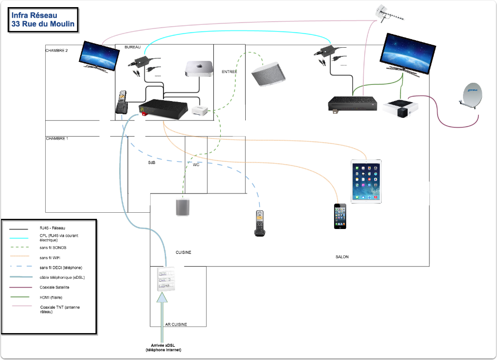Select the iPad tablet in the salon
coord(366,181)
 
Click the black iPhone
coord(341,216)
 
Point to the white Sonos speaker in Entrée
coord(269,74)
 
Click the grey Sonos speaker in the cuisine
coord(183,208)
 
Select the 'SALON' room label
coord(342,257)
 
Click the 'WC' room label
coord(196,165)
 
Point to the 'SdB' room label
coord(152,162)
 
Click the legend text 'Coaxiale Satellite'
coord(55,287)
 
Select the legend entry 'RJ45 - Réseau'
coord(52,228)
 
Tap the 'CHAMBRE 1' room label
coord(57,138)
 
